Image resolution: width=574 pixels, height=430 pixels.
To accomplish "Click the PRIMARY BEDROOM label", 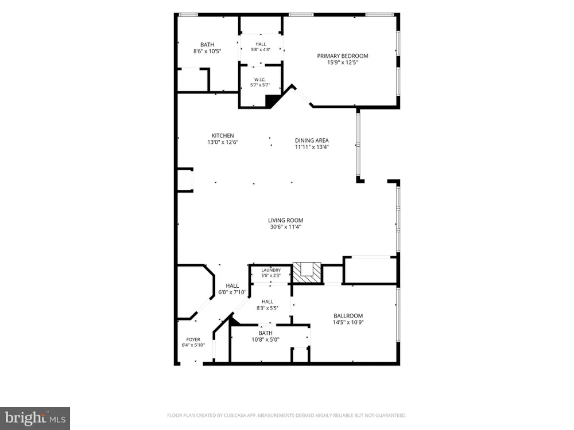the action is tap(342, 56).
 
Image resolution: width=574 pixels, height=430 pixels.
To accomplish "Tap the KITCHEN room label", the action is tap(223, 136).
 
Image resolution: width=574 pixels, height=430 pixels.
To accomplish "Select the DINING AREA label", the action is tap(312, 140).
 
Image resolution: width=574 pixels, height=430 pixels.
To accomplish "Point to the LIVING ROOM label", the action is tap(285, 221).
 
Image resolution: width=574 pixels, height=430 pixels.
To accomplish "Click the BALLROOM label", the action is tap(348, 316).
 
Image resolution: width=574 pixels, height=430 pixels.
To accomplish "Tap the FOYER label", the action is tap(193, 339).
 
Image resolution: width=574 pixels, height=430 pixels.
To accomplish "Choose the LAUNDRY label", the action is tap(271, 270).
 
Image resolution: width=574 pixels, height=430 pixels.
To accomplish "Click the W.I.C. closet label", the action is tap(260, 80).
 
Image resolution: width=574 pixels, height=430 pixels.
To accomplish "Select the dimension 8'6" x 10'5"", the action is tap(207, 52).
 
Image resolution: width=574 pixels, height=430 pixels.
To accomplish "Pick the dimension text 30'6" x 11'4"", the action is tap(285, 227).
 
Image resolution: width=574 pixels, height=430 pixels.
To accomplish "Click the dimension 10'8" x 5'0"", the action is tap(265, 339).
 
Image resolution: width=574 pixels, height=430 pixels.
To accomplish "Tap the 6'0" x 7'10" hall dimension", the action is tap(232, 292).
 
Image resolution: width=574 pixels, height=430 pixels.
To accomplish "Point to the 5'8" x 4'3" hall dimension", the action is tap(261, 49).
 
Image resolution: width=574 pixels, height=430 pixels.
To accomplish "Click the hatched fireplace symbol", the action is tap(307, 272).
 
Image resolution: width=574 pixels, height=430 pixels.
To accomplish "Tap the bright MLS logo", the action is tap(35, 418).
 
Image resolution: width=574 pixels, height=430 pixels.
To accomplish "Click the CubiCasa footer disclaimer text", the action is tap(286, 415).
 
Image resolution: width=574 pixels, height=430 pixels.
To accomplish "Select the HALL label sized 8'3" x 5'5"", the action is tap(267, 302).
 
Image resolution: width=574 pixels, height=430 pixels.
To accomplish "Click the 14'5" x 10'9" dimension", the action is tap(348, 322).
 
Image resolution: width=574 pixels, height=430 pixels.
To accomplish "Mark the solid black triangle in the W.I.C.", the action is tap(272, 100).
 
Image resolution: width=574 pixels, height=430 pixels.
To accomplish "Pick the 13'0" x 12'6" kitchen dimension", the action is tap(223, 142).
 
